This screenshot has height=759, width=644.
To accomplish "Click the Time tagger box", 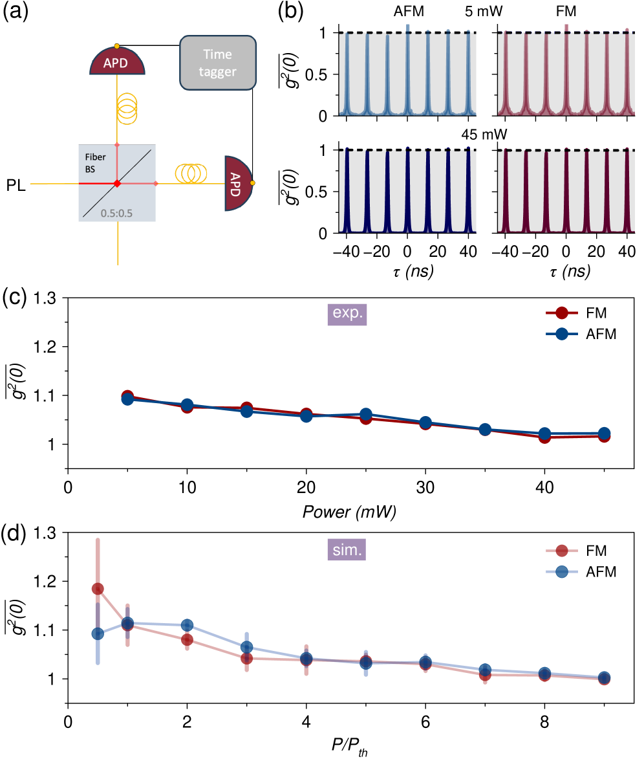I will click(x=218, y=62).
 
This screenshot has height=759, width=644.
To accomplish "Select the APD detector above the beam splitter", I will click(x=117, y=63).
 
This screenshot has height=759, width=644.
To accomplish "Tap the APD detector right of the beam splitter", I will click(x=237, y=183).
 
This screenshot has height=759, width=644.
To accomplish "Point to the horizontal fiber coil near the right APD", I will click(x=191, y=173).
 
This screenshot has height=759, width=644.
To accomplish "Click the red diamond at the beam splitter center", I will click(x=117, y=184).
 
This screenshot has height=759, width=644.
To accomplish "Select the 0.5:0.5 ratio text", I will click(x=116, y=213).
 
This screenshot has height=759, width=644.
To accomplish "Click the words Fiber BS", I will click(x=95, y=163).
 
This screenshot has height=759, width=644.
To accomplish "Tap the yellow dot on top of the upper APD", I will click(x=116, y=46).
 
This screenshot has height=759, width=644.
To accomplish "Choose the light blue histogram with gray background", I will click(x=408, y=74).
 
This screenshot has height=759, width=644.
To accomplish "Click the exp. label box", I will click(x=347, y=313).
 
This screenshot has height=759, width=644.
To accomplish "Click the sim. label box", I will click(x=347, y=551).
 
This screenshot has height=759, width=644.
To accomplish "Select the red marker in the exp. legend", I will click(x=562, y=313).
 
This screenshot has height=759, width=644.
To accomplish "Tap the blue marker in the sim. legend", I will click(x=562, y=571).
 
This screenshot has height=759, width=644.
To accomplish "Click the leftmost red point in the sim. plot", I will click(x=98, y=588).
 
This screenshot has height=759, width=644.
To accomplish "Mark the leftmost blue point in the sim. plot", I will click(x=98, y=633).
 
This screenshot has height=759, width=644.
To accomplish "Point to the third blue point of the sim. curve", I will click(x=187, y=624).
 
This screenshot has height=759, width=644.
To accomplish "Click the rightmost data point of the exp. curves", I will click(x=604, y=434).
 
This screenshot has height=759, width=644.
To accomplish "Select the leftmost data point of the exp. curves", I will click(x=127, y=398).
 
